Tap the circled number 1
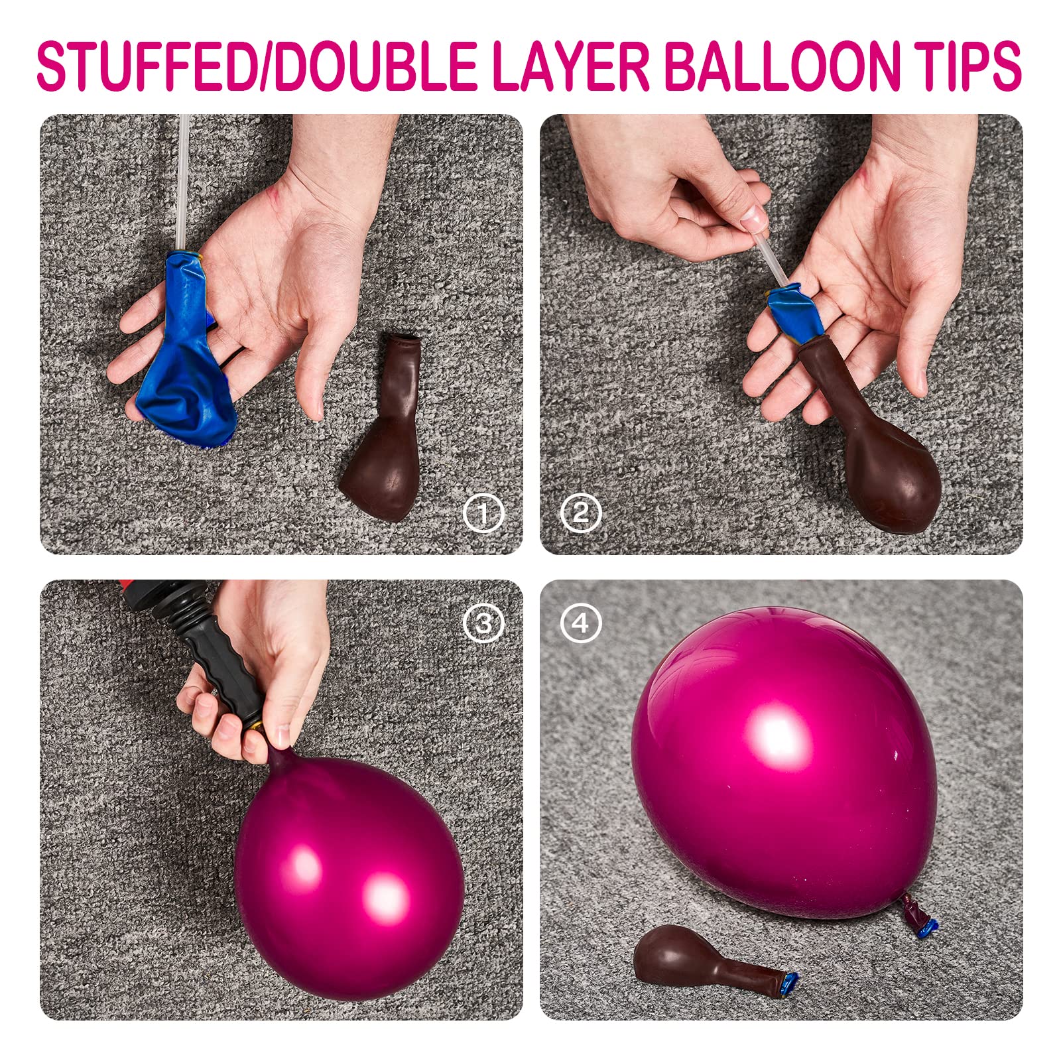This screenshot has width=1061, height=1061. [x=483, y=513]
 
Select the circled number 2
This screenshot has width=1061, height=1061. [x=580, y=513]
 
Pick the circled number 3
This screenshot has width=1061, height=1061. [x=483, y=623]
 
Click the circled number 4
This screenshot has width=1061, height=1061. [x=580, y=623]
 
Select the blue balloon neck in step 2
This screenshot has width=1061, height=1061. [x=792, y=308]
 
